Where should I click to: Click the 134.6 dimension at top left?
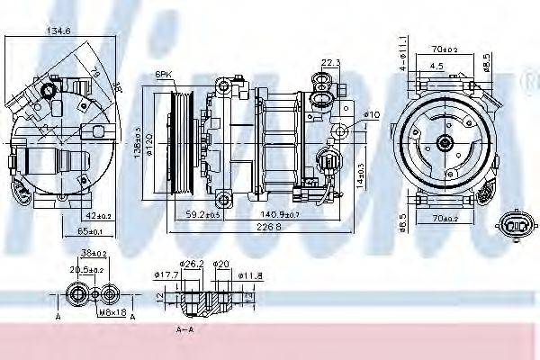pyautogui.click(x=58, y=31)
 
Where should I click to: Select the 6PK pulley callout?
pyautogui.click(x=163, y=74)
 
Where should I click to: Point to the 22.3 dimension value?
pyautogui.click(x=330, y=62)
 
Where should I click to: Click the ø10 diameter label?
pyautogui.click(x=373, y=114)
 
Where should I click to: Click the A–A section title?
pyautogui.click(x=185, y=330)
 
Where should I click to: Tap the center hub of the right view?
pyautogui.click(x=445, y=141)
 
